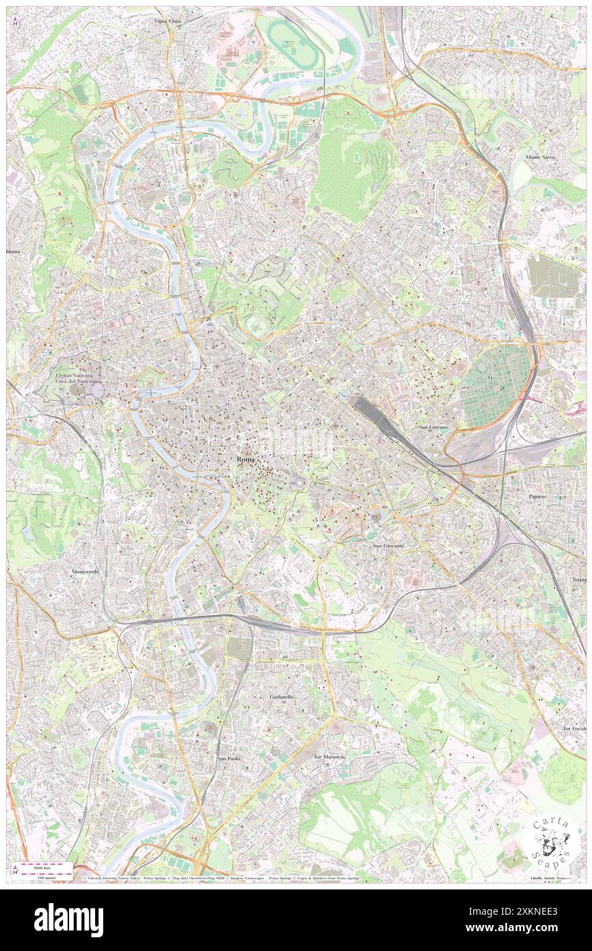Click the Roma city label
point(245,459)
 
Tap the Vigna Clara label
point(167,22)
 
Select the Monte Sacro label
point(540,157)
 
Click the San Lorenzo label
point(433,427)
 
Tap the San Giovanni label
point(389,545)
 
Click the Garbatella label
point(280,696)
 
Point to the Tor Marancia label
point(329,757)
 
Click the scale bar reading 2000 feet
point(45,867)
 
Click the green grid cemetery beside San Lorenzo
point(496,385)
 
